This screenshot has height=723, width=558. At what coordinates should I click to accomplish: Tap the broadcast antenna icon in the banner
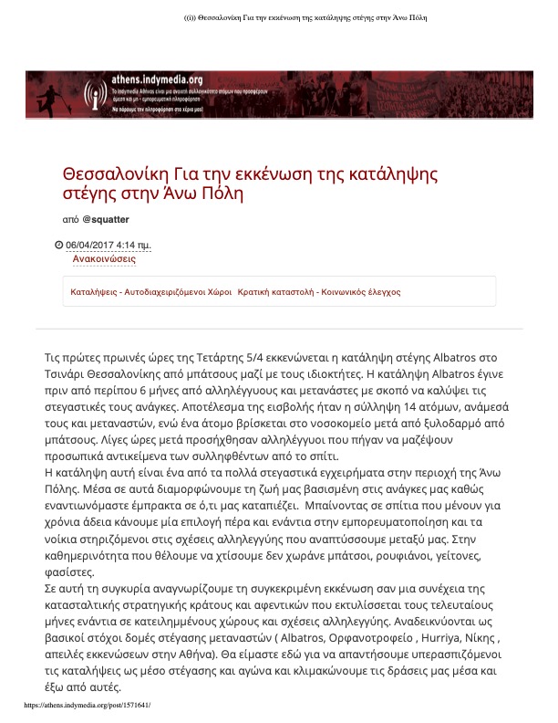[x=92, y=95]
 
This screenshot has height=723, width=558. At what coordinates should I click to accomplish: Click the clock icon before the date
[x=59, y=245]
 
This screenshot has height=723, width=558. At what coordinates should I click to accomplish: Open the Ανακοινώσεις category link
[x=104, y=259]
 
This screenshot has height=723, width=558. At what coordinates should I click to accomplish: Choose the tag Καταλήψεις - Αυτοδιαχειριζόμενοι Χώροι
[x=150, y=292]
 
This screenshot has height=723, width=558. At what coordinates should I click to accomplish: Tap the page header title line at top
[x=279, y=17]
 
